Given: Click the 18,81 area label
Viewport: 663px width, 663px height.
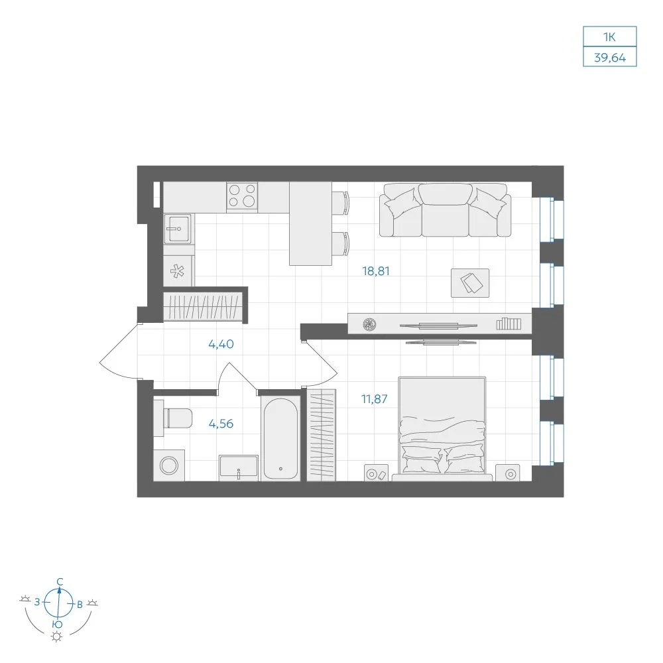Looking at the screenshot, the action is point(375,271).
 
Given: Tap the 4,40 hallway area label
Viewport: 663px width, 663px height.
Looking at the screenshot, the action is point(221,344).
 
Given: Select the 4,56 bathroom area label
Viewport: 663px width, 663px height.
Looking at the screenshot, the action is point(221,424).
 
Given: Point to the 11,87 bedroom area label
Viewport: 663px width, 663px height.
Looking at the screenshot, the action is point(374,398).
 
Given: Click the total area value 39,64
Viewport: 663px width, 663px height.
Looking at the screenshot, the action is point(610,58).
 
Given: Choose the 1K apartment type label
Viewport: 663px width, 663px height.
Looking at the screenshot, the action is point(609,37).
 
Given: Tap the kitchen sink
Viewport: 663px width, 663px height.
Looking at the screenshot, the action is point(178,229).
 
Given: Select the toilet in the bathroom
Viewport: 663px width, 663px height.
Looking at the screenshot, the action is point(173,418).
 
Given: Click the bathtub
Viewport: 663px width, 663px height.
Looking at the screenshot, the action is point(280,438).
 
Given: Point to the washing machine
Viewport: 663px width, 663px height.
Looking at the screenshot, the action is point(169,465).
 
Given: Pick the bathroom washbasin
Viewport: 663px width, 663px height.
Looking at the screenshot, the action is point(239,467).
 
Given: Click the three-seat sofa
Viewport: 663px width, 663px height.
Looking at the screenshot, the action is point(446,210).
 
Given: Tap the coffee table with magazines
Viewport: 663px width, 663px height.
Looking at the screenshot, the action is point(470,283).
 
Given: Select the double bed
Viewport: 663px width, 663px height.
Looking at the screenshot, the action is point(442,428).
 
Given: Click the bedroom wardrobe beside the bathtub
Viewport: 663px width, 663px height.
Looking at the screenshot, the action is point(322,435).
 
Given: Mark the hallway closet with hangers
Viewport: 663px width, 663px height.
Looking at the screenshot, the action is point(203,306).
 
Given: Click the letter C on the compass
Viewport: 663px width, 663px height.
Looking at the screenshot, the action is point(60,582).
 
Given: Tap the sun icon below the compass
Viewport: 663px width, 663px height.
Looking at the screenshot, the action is point(56,636).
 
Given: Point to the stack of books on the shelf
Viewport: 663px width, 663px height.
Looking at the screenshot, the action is point(509,324).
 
